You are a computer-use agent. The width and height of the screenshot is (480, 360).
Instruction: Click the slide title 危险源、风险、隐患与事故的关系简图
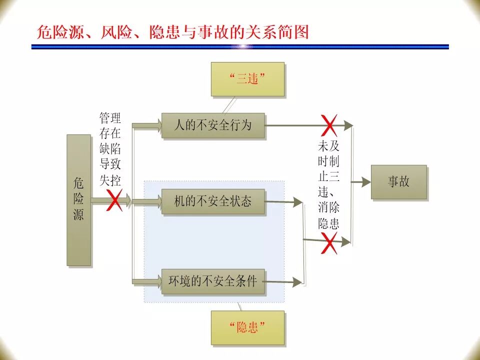click(173, 32)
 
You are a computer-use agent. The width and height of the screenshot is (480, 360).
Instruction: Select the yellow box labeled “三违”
click(247, 78)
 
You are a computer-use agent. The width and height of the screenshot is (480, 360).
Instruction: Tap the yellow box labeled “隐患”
click(247, 327)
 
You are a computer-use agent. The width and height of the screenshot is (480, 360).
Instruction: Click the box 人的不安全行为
click(212, 125)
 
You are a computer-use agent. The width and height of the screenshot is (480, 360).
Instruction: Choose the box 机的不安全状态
click(212, 201)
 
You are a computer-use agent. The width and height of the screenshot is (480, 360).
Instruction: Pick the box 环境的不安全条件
click(212, 281)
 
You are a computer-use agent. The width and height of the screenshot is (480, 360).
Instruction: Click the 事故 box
click(398, 181)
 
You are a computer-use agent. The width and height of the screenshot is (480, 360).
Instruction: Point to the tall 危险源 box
click(78, 199)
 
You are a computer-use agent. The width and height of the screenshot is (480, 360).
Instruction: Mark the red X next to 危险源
click(114, 200)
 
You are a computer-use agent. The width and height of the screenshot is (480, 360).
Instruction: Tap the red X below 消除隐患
click(329, 243)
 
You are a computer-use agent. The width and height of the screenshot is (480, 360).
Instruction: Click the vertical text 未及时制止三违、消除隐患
click(329, 185)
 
